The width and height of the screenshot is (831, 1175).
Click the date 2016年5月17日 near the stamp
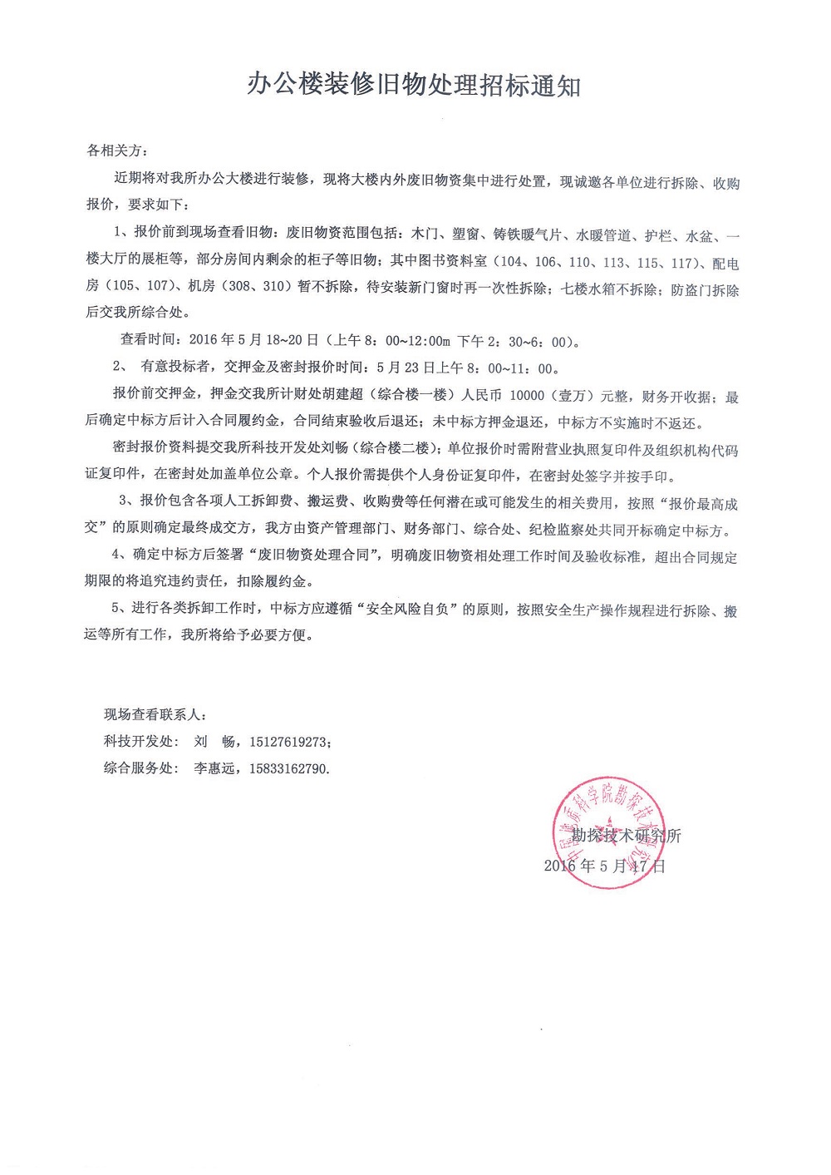604,866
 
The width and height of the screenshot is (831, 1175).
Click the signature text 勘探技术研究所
626,836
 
